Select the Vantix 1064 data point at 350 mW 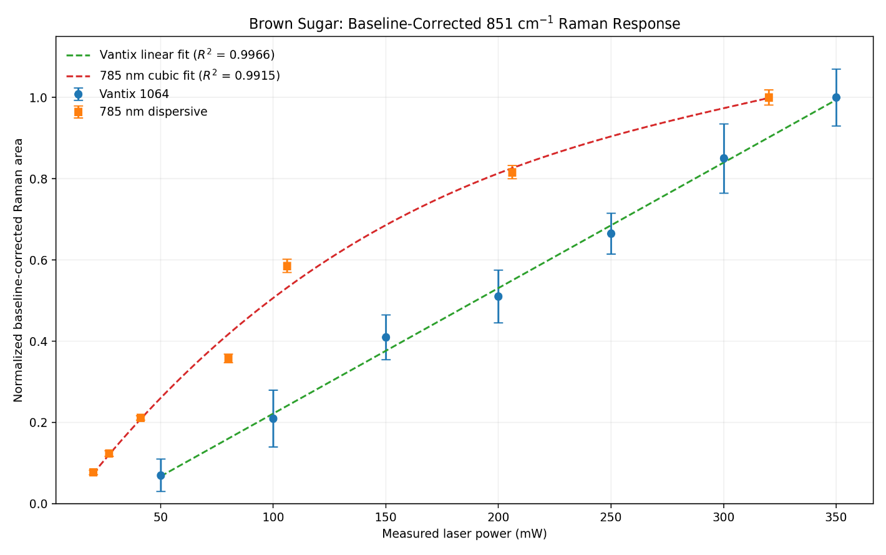[836, 97]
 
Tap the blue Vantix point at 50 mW [160, 476]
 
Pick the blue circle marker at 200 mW [499, 297]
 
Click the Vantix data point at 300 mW [724, 159]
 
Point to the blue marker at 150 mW [386, 337]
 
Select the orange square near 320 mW [769, 97]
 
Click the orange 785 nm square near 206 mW [512, 172]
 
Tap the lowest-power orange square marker [94, 472]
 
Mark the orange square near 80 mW [228, 358]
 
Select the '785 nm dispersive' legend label [153, 112]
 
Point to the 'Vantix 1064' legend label [134, 94]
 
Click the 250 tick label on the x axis [611, 518]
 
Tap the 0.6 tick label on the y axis [38, 260]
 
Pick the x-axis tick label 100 [273, 518]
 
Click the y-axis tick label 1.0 [38, 97]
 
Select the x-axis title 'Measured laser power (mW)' [464, 534]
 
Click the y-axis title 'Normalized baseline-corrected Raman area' [18, 270]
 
